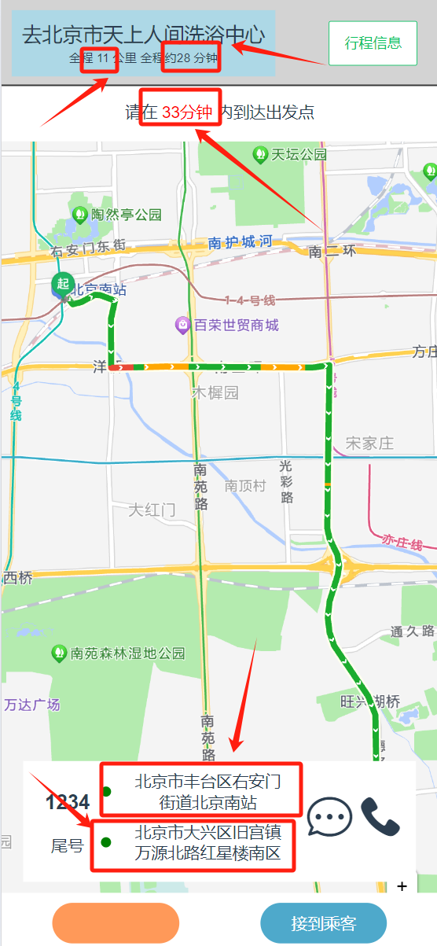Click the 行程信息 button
pos(373,43)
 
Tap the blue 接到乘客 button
pos(323,923)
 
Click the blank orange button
pos(116,923)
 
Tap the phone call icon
pos(380,816)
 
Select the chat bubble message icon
pos(329,818)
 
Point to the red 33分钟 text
pos(187,112)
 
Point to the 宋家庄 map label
pos(369,444)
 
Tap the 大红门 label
pos(152,510)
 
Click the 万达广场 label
pos(32,705)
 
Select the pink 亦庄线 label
pos(402,542)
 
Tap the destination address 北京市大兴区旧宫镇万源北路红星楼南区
pos(207,843)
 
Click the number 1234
pos(68,802)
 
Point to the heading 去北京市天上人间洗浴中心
pos(143,35)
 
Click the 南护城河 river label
pos(240,242)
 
